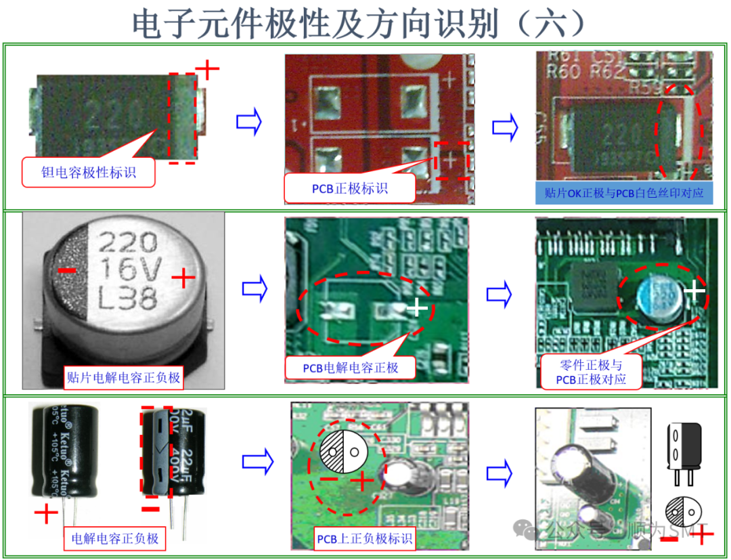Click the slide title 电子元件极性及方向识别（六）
pos(359,24)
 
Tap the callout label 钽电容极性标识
pos(89,173)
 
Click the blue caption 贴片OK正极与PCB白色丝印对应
pos(624,193)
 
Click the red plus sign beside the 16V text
pos(183,277)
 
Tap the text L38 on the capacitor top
pos(128,296)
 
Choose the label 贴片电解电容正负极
pos(123,377)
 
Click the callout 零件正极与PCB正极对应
pos(591,372)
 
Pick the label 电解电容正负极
pos(115,538)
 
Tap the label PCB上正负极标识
pos(364,539)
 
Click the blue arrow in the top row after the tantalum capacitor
pos(248,122)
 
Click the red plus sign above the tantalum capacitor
pos(208,68)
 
